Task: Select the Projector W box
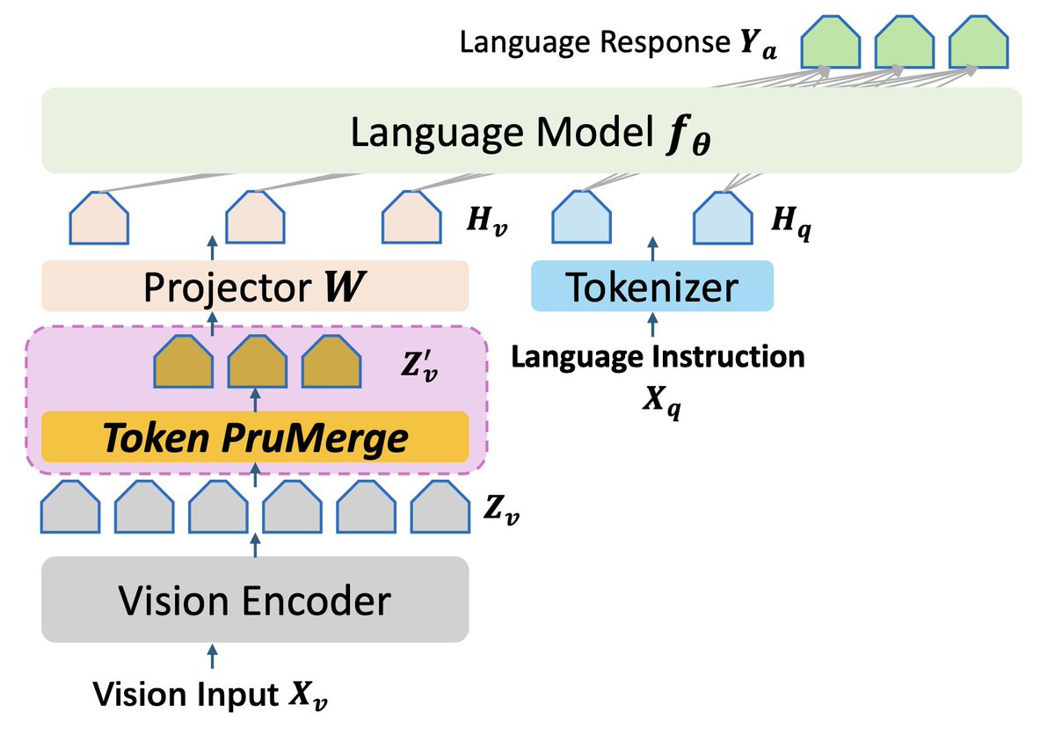pyautogui.click(x=255, y=286)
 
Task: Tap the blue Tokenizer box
pyautogui.click(x=651, y=286)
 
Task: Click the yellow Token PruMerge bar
pyautogui.click(x=255, y=437)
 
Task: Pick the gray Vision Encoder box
pyautogui.click(x=255, y=600)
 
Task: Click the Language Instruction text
pyautogui.click(x=658, y=357)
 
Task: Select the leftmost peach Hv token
pyautogui.click(x=99, y=220)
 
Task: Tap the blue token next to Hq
pyautogui.click(x=724, y=220)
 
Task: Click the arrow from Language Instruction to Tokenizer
pyautogui.click(x=651, y=325)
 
